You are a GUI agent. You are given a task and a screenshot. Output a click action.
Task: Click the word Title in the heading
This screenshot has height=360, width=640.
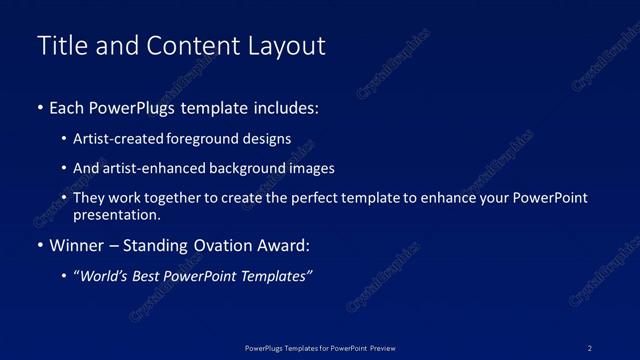pyautogui.click(x=60, y=46)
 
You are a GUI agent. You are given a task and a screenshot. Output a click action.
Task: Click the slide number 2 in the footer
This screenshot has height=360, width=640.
pyautogui.click(x=590, y=347)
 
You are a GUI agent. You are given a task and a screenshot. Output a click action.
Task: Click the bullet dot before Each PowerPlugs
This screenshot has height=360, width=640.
pyautogui.click(x=39, y=106)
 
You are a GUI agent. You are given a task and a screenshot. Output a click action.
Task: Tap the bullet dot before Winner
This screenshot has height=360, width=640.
pyautogui.click(x=39, y=245)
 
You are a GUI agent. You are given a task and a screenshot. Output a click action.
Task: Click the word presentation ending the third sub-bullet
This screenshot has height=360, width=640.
pyautogui.click(x=116, y=214)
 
